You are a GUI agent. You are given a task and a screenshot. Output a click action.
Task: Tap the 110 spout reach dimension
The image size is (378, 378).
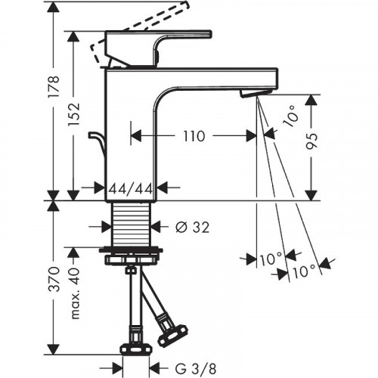pos(194,137)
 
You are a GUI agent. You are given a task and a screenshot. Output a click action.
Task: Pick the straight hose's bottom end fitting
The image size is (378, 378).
pos(134,344)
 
